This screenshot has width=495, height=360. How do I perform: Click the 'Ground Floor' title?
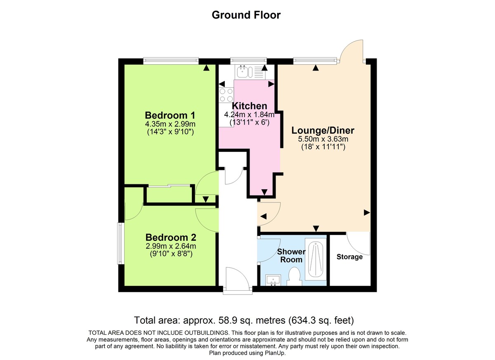pyautogui.click(x=246, y=15)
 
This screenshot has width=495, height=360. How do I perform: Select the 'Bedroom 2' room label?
pyautogui.click(x=170, y=238)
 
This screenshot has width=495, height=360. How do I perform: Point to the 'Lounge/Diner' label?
pyautogui.click(x=323, y=131)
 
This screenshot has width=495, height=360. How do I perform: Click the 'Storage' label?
pyautogui.click(x=349, y=257)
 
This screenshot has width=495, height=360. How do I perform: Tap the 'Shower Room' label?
pyautogui.click(x=291, y=255)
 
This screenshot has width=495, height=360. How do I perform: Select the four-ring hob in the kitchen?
pyautogui.click(x=226, y=95)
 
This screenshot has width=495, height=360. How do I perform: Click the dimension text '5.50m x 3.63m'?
pyautogui.click(x=323, y=139)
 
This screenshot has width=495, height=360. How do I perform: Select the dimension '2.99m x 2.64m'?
pyautogui.click(x=170, y=247)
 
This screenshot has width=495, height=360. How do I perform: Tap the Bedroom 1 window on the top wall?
pyautogui.click(x=171, y=61)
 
